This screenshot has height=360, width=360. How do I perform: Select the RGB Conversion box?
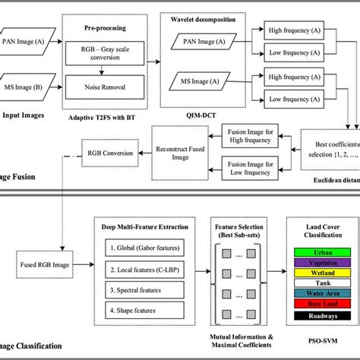[x=109, y=153]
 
